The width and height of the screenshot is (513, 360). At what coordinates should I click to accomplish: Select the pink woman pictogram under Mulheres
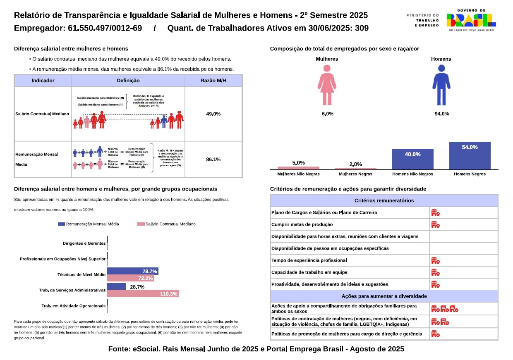click(327, 85)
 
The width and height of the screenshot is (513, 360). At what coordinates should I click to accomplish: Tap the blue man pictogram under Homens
click(441, 85)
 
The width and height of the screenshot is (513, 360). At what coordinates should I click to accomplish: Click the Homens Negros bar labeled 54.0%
click(470, 155)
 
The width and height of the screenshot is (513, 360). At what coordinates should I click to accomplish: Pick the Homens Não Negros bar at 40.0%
click(412, 159)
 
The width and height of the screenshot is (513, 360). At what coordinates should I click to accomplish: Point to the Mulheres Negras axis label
click(355, 174)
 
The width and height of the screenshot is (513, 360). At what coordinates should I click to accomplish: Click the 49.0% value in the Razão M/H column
click(213, 114)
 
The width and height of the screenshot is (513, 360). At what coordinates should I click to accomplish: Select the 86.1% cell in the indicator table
click(213, 159)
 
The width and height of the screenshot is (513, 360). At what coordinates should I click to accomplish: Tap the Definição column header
click(128, 81)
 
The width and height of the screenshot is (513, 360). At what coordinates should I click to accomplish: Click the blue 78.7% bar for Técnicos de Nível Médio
click(132, 271)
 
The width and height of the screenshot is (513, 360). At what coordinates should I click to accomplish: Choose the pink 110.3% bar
click(143, 294)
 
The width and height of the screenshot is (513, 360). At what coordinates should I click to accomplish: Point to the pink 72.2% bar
click(130, 279)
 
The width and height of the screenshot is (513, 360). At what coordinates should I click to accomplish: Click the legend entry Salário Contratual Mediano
click(166, 224)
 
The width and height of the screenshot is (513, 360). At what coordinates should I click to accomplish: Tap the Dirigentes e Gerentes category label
click(84, 243)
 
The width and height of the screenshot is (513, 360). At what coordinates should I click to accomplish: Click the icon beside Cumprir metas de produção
click(435, 224)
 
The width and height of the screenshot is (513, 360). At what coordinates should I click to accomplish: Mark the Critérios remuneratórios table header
click(384, 200)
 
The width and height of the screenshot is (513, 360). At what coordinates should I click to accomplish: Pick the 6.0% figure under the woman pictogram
click(327, 114)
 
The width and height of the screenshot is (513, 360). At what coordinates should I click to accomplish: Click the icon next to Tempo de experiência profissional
click(435, 260)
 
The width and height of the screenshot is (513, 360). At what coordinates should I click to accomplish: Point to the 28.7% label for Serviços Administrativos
click(137, 287)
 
